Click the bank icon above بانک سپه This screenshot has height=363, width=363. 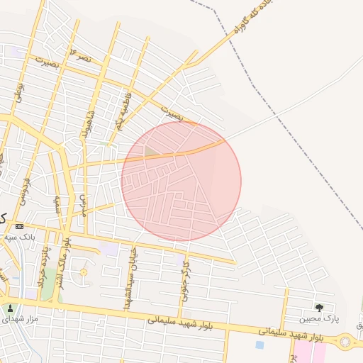pyautogui.click(x=19, y=225)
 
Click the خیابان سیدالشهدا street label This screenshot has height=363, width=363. pyautogui.click(x=131, y=277)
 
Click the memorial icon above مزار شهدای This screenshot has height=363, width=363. pyautogui.click(x=10, y=308)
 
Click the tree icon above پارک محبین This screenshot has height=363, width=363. pyautogui.click(x=319, y=308)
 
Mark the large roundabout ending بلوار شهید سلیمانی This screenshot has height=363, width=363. pyautogui.click(x=345, y=341)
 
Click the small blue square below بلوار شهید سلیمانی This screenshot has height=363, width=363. pyautogui.click(x=259, y=345)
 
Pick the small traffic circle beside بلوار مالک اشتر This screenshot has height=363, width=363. pyautogui.click(x=84, y=272)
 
